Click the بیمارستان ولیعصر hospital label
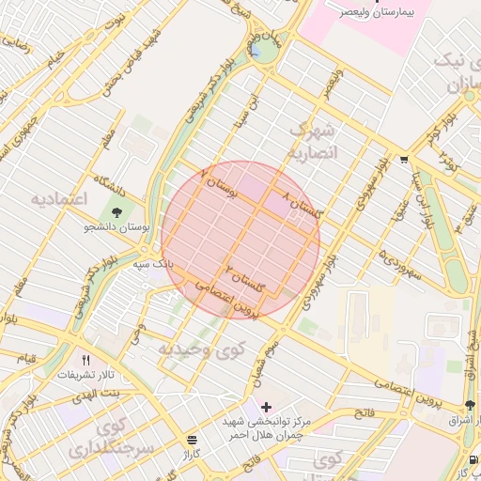375,17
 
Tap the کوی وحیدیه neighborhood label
192,349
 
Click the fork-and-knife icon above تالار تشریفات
86,360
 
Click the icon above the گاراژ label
192,440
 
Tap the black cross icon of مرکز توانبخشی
267,407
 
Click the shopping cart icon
403,160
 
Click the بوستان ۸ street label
222,184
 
